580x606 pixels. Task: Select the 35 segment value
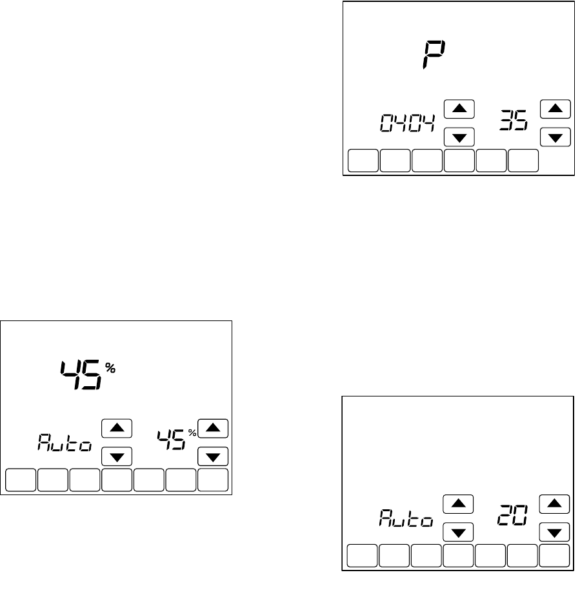point(513,121)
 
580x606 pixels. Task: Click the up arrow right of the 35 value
point(555,108)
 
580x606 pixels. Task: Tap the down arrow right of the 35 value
point(555,137)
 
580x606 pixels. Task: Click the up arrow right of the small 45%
point(213,427)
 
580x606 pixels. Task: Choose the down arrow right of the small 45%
point(213,457)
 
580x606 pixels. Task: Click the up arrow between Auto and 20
point(458,503)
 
